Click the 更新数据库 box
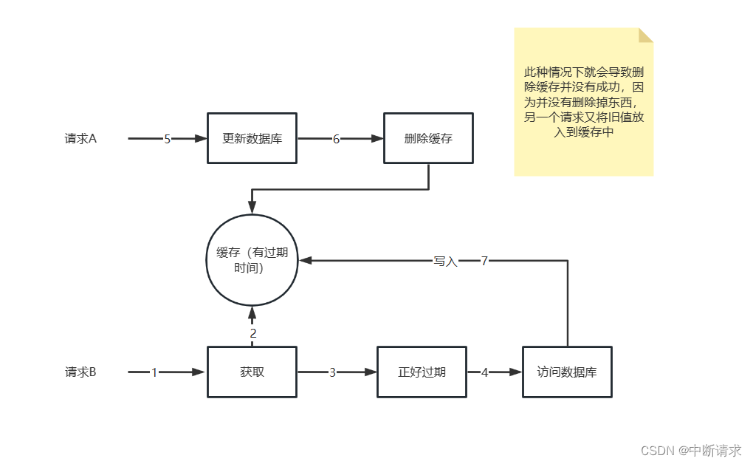252,138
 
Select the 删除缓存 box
428,138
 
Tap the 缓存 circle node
252,260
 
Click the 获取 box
252,372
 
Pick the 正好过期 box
422,372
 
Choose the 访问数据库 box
567,372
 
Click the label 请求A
80,138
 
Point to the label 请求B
80,372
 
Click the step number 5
168,139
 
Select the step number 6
337,139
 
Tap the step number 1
154,373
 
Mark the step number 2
253,334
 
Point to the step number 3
332,373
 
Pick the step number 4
485,373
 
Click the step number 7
484,261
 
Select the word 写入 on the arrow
446,261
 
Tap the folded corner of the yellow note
646,35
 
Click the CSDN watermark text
690,450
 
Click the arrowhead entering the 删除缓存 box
379,138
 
